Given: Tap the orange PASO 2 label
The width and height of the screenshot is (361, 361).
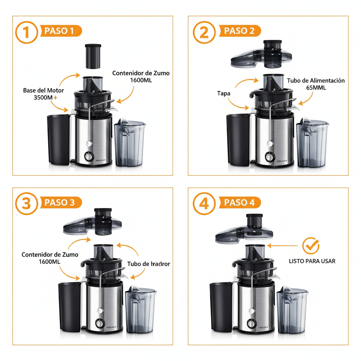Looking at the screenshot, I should tap(239, 31).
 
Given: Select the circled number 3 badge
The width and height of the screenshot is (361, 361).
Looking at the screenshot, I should tap(26, 204).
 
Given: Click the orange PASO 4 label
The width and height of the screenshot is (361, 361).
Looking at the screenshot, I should tap(239, 203).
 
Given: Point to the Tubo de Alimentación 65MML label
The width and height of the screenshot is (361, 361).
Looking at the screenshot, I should tap(316, 84).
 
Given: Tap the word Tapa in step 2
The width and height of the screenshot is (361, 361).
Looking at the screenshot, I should tap(224, 93).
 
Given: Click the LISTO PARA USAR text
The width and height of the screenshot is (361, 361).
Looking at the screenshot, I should tap(312, 261).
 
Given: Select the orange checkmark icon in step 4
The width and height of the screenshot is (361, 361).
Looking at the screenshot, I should tap(311, 246).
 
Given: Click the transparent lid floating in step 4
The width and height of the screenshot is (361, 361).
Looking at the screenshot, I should tap(245, 233).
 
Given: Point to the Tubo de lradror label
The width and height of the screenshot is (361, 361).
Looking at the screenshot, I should tap(148, 264).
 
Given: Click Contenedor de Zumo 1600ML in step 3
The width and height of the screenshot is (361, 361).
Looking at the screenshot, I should tap(50, 258).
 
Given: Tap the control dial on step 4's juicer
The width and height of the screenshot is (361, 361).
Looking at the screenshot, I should tap(252, 323).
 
